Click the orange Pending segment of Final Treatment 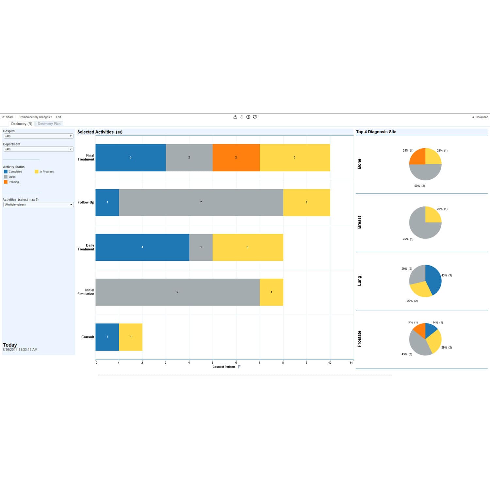tap(236, 157)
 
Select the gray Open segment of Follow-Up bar tap(201, 203)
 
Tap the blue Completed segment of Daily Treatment tap(142, 247)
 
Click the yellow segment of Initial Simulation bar tap(271, 292)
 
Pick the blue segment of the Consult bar tap(107, 337)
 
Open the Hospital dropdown tap(38, 136)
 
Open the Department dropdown tap(38, 149)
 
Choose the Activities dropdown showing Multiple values tap(38, 204)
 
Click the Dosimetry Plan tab tap(49, 124)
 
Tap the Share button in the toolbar tap(8, 117)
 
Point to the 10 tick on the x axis tap(330, 363)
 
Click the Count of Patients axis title tap(224, 367)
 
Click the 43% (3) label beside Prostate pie tap(407, 354)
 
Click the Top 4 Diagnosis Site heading tap(376, 132)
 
